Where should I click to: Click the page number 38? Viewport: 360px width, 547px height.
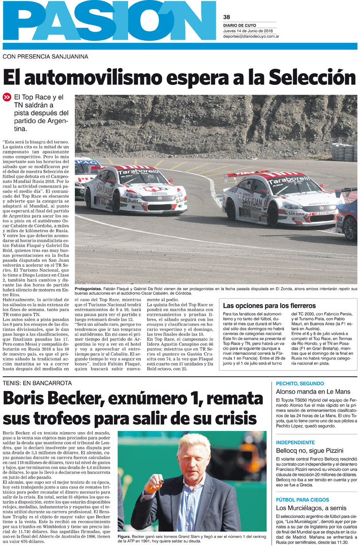(x=227, y=17)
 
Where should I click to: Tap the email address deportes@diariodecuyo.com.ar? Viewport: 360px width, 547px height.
(x=251, y=36)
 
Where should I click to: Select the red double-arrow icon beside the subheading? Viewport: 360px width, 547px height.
(x=7, y=97)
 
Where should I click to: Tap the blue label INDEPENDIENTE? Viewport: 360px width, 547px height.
(x=295, y=442)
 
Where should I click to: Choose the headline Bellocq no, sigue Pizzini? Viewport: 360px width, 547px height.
(x=309, y=450)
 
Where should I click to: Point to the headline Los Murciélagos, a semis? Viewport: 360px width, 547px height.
(x=310, y=508)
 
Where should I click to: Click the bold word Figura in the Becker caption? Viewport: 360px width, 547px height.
(x=125, y=536)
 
